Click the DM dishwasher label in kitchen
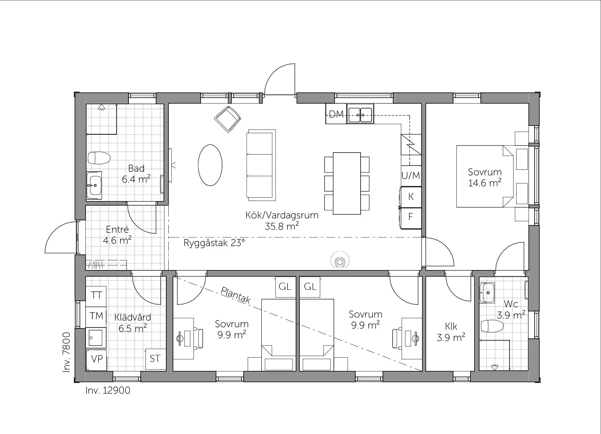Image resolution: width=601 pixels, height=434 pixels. tap(336, 115)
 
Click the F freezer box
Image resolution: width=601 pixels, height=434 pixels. tap(411, 218)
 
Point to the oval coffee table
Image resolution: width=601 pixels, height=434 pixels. tap(210, 165)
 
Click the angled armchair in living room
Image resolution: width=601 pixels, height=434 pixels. tap(228, 119)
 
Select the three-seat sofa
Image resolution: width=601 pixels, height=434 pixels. tap(261, 165)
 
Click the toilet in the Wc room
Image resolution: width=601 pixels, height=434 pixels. tap(492, 326)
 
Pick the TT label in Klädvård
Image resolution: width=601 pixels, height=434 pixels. tap(96, 295)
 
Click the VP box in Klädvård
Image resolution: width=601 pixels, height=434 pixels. tap(96, 359)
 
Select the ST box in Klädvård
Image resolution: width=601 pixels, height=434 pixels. tap(155, 359)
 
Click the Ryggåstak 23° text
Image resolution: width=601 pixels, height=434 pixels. tap(214, 243)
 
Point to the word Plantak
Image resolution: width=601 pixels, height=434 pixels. tap(235, 295)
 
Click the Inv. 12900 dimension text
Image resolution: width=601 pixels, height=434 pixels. tap(108, 390)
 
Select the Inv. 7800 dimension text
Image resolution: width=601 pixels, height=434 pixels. tap(67, 352)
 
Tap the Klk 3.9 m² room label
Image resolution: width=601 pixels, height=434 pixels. tap(451, 332)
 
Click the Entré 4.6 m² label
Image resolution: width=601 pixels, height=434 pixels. tap(117, 235)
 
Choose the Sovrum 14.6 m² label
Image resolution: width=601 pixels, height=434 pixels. tap(485, 177)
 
